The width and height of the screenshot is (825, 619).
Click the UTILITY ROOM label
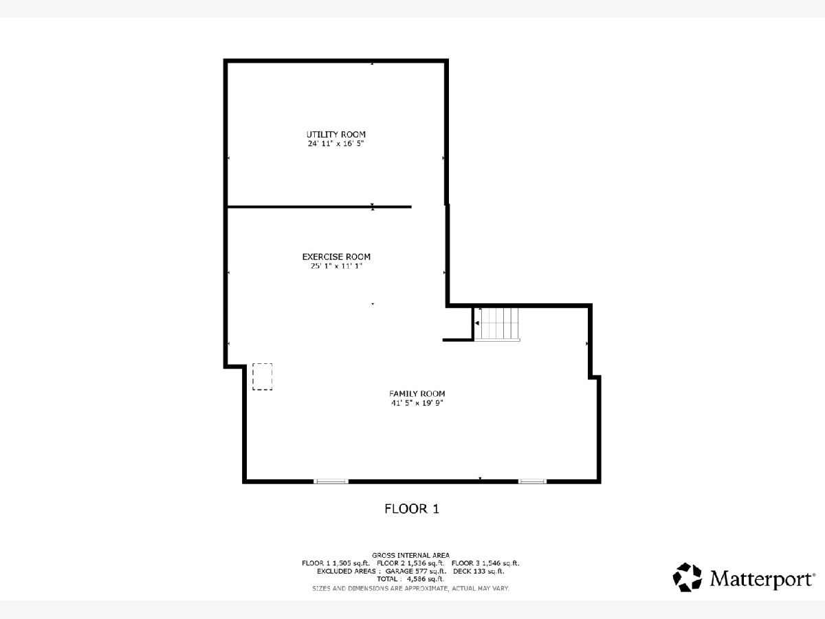335,135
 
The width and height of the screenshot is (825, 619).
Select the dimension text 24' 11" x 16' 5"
335,144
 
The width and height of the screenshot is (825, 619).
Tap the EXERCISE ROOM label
336,257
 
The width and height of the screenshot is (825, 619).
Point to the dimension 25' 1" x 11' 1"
336,266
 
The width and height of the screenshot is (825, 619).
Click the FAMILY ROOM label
417,394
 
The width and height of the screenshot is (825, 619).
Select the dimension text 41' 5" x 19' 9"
417,403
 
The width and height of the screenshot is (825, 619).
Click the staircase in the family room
497,324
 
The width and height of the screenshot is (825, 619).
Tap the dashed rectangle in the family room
263,377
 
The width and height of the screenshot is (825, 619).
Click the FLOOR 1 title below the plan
412,509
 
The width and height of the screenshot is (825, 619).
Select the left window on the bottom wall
331,481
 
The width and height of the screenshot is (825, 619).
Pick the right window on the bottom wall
532,481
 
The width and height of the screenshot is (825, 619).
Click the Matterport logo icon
687,577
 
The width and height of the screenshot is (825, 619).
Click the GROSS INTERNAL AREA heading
410,555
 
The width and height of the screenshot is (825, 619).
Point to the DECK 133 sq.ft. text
478,572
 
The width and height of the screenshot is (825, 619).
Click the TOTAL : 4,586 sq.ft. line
410,579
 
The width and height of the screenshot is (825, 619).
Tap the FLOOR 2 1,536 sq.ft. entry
410,563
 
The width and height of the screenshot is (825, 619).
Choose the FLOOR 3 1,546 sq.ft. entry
485,563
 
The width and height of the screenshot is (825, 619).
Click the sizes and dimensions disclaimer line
410,588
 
